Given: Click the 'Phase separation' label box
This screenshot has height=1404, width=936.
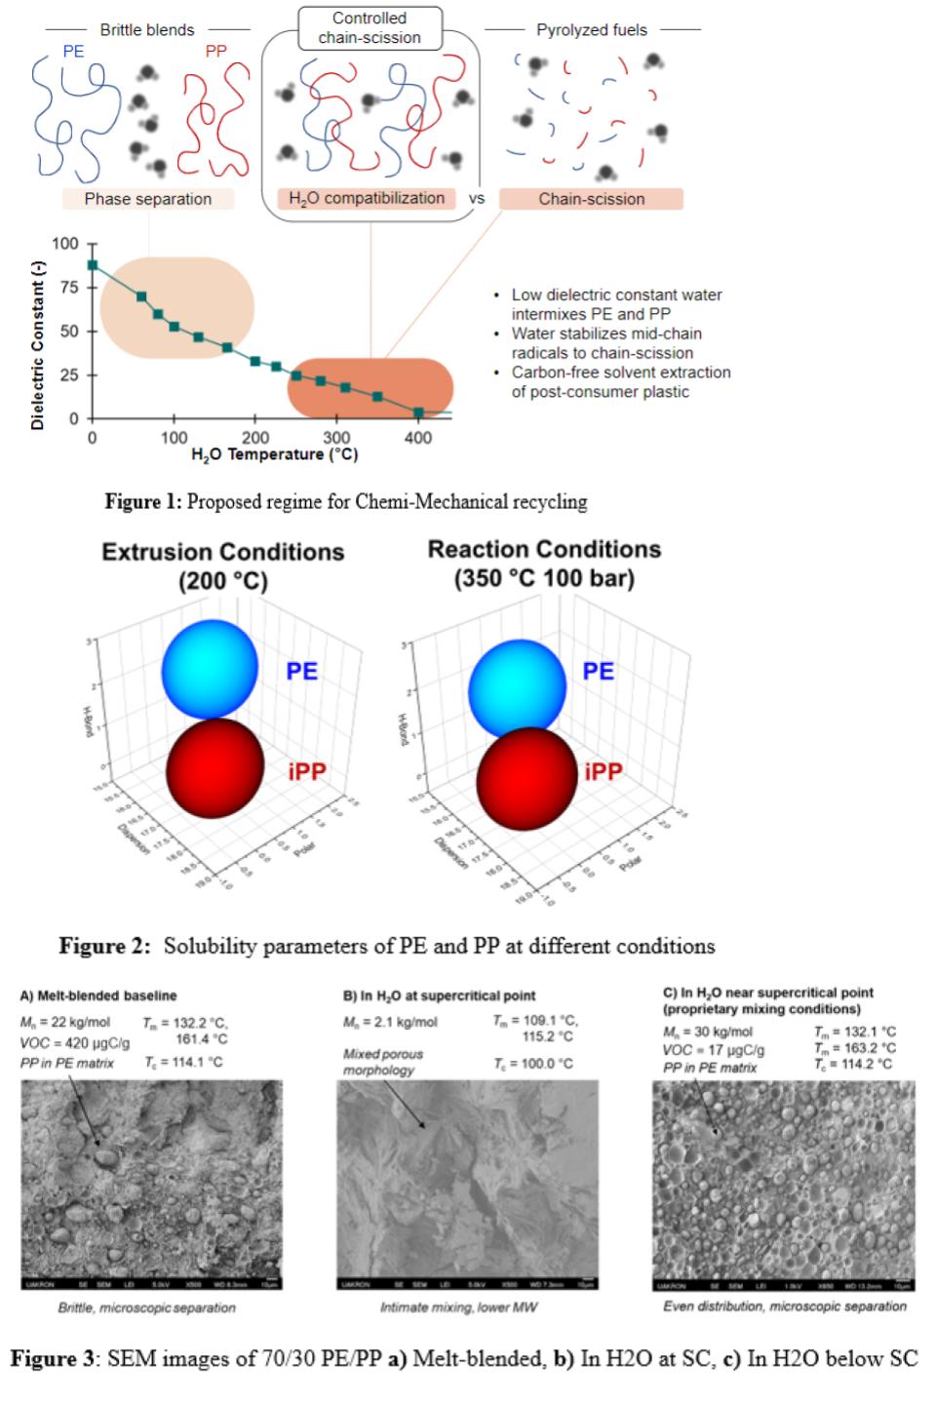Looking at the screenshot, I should point(148,199).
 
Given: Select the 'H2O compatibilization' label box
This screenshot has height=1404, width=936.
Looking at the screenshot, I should point(367,198).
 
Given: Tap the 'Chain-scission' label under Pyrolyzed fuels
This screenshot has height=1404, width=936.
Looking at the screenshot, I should point(591,199).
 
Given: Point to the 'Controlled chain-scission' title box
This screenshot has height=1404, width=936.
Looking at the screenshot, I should point(370,27).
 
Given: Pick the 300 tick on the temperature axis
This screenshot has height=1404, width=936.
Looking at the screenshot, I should point(336,438).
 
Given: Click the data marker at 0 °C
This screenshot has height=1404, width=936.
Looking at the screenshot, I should point(93,264).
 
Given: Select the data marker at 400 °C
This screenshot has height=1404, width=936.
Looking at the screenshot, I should point(418,412).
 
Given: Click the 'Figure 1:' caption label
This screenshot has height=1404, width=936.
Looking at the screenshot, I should point(143,502).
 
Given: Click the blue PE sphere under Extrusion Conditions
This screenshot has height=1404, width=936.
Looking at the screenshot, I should point(210,668).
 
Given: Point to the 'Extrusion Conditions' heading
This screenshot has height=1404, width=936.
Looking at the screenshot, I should point(223,552).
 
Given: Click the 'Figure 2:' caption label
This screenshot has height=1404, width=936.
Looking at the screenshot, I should point(104,946).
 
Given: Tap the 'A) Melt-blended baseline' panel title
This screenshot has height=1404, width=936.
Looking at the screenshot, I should point(98,995).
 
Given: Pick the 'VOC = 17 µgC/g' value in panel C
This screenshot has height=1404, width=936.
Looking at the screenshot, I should point(714,1050).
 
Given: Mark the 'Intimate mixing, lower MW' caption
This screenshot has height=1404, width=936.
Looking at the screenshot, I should point(458,1306).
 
